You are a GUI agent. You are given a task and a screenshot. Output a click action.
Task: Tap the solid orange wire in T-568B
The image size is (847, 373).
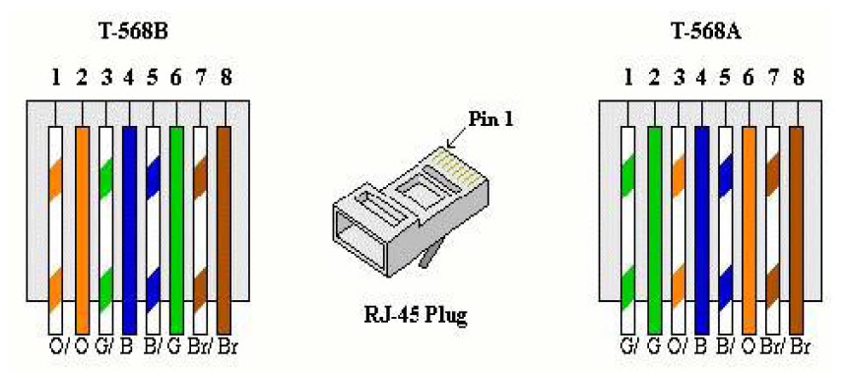coord(82,226)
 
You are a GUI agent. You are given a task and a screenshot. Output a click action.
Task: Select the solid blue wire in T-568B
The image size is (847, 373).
coord(128,226)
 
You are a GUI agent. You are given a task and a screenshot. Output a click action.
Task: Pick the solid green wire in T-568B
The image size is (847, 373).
coord(176,226)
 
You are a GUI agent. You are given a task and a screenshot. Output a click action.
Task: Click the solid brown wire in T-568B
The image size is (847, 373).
coord(224,226)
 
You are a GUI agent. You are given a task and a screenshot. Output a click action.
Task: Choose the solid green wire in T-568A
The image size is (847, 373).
coord(652,226)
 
